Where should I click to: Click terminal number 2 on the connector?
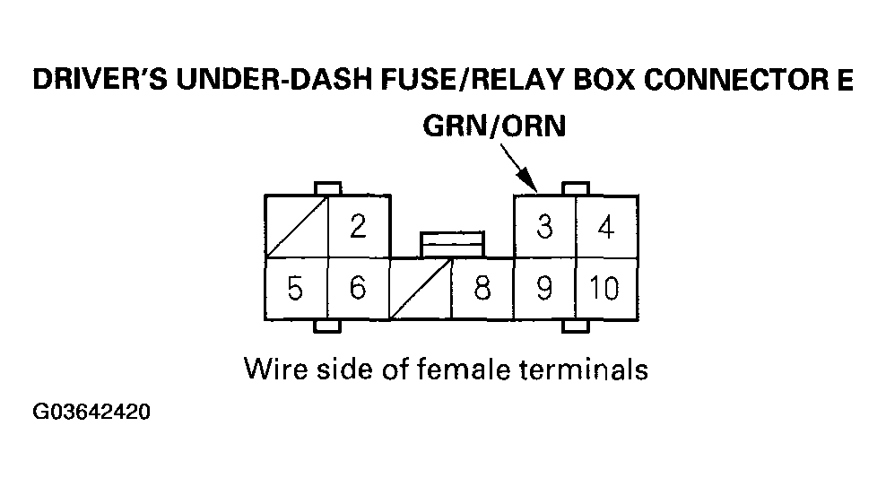[x=358, y=227]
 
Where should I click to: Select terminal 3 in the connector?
[x=544, y=227]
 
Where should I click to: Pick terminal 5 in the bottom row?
[x=295, y=289]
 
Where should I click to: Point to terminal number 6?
[x=358, y=289]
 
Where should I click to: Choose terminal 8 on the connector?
[x=482, y=289]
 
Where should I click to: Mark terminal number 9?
[x=544, y=289]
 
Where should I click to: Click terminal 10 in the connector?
[x=606, y=289]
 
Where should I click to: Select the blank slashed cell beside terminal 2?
[x=296, y=227]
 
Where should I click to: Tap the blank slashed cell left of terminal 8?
[x=420, y=289]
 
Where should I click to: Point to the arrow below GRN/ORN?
[x=518, y=170]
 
